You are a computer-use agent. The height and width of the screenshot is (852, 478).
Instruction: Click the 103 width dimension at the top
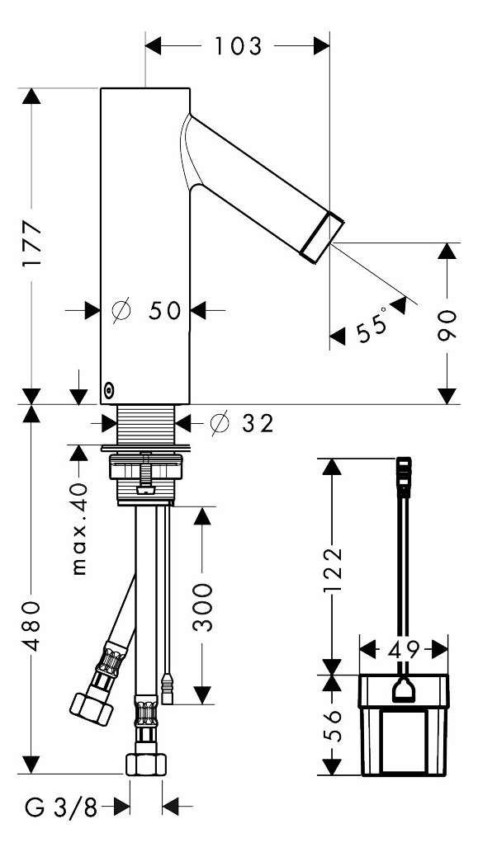(x=238, y=46)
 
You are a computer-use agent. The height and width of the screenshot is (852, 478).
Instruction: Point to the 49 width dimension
(x=405, y=648)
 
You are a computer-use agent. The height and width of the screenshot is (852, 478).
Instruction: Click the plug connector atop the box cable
(x=404, y=477)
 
